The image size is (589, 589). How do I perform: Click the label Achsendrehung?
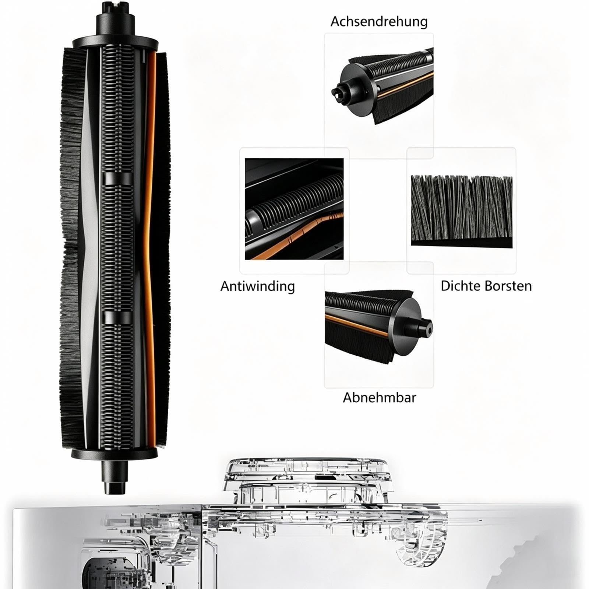379,21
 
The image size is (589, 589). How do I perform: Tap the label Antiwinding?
258,286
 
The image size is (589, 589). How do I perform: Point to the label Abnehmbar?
379,398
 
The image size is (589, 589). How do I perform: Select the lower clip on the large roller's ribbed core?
117,318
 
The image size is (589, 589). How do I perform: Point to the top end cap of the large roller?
116,42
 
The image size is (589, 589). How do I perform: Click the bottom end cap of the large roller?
116,454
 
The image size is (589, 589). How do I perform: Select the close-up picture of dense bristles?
461,211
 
